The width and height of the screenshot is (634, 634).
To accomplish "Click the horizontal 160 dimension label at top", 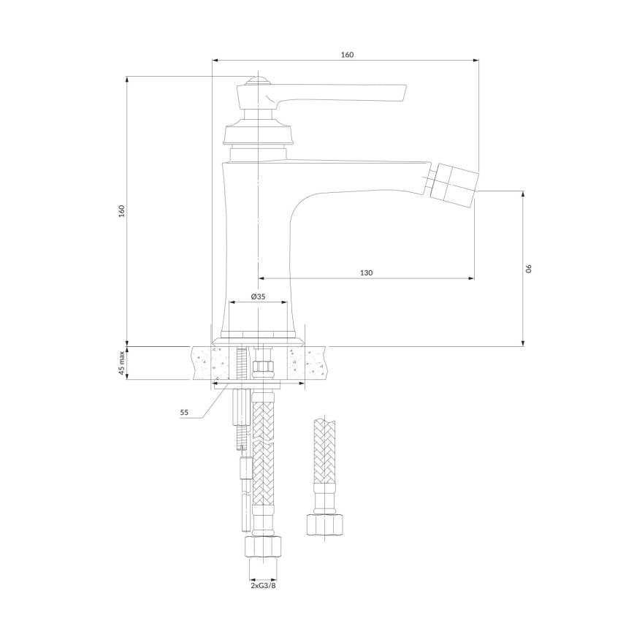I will point(347,55).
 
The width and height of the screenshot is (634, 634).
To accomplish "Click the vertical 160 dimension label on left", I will point(122,210).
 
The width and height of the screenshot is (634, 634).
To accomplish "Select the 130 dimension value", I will point(366,272).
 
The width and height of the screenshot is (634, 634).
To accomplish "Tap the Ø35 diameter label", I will point(258,297).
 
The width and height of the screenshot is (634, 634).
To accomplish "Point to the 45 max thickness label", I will point(122,363).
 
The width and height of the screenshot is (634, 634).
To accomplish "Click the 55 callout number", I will point(184,413).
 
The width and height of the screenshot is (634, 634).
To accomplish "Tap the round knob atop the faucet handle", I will point(256,80).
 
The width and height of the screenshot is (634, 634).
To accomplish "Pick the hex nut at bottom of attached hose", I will point(262,548).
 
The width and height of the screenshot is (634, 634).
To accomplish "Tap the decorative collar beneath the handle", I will point(258,134).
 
